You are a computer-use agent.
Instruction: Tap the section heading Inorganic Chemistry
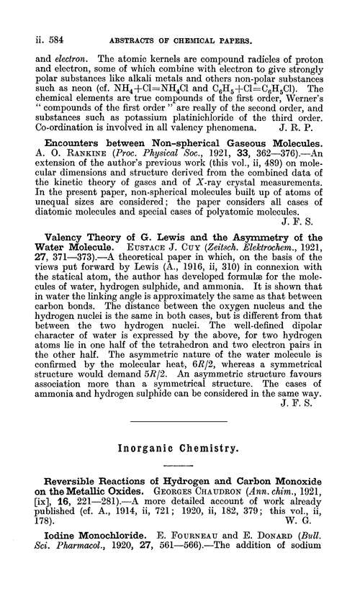click(179, 447)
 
